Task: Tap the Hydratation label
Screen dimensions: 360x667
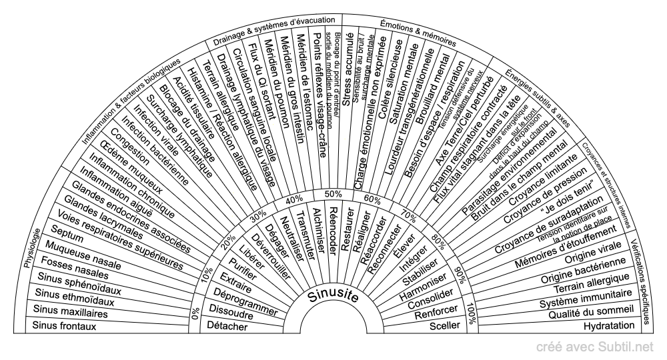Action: (x=608, y=326)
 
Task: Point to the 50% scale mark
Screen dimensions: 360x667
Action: (x=333, y=193)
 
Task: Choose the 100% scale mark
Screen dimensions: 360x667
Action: (x=472, y=315)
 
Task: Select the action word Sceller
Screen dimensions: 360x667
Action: (x=442, y=327)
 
